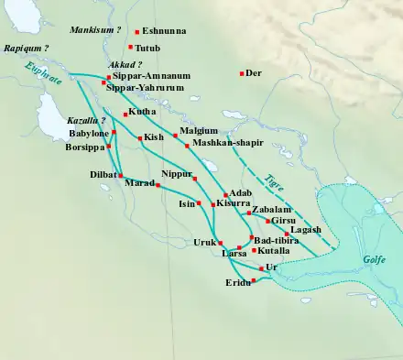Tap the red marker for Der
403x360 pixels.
(x=242, y=73)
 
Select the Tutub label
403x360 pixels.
(x=148, y=47)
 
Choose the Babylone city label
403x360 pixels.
(x=88, y=133)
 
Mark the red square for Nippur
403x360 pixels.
(x=193, y=176)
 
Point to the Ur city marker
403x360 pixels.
(x=262, y=268)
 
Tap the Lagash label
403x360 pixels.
(x=305, y=230)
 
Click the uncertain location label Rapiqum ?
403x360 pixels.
(x=26, y=47)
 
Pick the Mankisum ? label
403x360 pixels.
(x=95, y=30)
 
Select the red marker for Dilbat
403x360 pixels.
(x=120, y=175)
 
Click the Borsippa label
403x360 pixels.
(x=85, y=147)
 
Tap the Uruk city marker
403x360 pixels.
(x=221, y=243)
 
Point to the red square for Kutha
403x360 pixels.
(x=125, y=115)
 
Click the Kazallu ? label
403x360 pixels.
(x=87, y=120)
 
